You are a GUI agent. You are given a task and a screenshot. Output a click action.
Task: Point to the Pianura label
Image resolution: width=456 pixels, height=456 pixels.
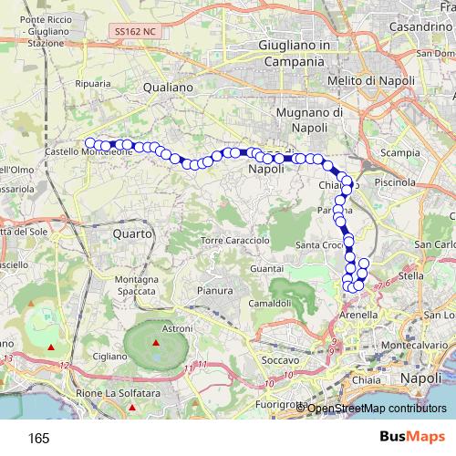pos(216,291)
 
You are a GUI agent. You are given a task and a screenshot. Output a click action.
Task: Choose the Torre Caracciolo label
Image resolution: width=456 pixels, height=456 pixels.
pos(235,241)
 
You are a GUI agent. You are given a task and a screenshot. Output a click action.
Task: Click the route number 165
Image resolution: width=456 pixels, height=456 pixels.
pos(38,438)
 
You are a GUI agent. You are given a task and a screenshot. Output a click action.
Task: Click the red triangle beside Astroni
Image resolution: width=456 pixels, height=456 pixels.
pos(156,343)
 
